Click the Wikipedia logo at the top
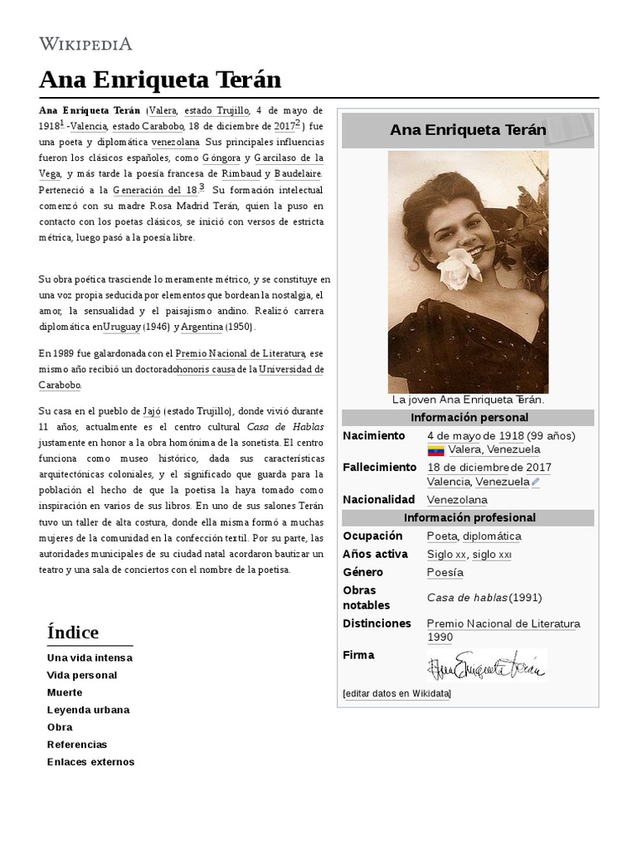(85, 44)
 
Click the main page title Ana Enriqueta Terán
(160, 80)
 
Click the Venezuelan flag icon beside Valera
(435, 450)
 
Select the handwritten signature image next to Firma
(486, 666)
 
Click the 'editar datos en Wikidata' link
(396, 693)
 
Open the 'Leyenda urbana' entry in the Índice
(89, 710)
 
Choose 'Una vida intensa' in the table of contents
(90, 657)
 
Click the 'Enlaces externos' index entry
(90, 762)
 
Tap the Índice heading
(73, 632)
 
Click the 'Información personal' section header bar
(469, 417)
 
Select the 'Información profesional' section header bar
(469, 517)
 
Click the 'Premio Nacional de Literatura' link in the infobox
(503, 623)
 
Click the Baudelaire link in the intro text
(297, 173)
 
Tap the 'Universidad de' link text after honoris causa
(291, 369)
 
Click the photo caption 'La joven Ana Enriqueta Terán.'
(468, 400)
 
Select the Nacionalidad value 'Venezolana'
(457, 500)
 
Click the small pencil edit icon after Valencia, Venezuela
(536, 482)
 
